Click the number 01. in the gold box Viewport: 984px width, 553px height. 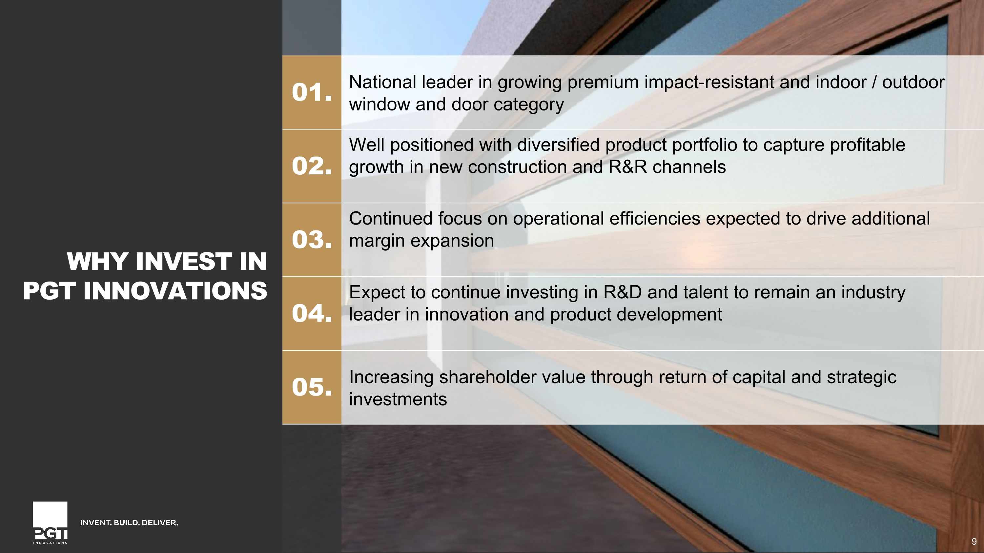coord(311,93)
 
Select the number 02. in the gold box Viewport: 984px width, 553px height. coord(311,167)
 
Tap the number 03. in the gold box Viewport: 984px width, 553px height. coord(311,240)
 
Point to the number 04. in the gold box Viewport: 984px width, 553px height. coord(311,314)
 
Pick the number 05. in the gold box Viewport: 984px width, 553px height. coord(311,387)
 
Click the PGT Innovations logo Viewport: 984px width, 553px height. coord(50,523)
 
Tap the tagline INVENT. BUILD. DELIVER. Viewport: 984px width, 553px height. coord(129,523)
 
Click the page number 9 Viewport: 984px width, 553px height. coord(974,542)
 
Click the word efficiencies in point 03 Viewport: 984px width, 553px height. coord(654,219)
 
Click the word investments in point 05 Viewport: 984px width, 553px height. coord(398,400)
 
